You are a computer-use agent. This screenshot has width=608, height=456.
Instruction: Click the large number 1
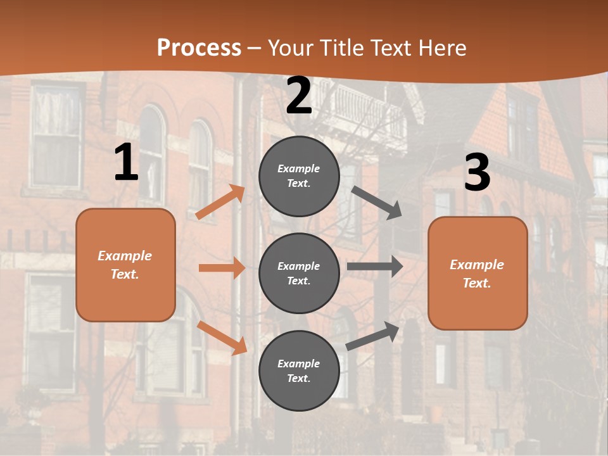coord(126,163)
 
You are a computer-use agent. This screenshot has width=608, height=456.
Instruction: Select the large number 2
coord(299,96)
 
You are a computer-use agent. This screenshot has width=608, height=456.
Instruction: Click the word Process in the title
coord(199,47)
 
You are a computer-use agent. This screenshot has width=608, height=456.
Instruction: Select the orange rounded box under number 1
coord(125,265)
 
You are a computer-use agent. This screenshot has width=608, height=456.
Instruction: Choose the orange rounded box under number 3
coord(478,273)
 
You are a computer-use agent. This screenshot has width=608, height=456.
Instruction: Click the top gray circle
coord(299,176)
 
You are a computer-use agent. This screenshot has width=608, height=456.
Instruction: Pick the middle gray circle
coord(299,273)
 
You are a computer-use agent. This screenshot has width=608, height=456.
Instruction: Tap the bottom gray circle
coord(299,370)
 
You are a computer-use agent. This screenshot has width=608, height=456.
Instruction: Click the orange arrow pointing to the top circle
coord(220,202)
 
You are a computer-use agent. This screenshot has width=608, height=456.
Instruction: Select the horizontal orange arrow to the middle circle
coord(222,268)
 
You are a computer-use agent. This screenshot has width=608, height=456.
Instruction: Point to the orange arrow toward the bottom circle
coord(222,338)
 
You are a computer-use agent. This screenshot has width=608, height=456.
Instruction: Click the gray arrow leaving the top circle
coord(377,203)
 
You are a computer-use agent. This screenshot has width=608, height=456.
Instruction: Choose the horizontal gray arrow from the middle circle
coord(375,267)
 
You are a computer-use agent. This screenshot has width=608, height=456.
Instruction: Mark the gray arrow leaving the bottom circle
coord(373,336)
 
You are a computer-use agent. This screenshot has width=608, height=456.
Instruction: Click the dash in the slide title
coord(255,48)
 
